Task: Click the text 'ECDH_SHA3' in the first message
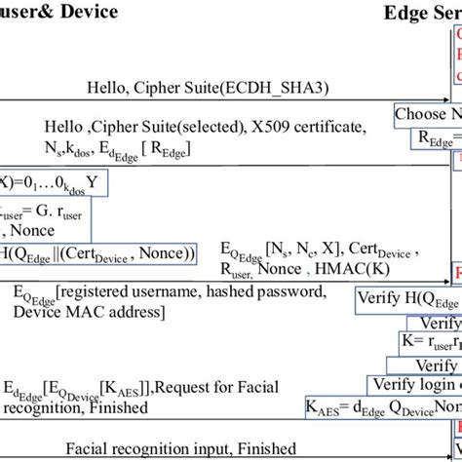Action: pyautogui.click(x=279, y=89)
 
